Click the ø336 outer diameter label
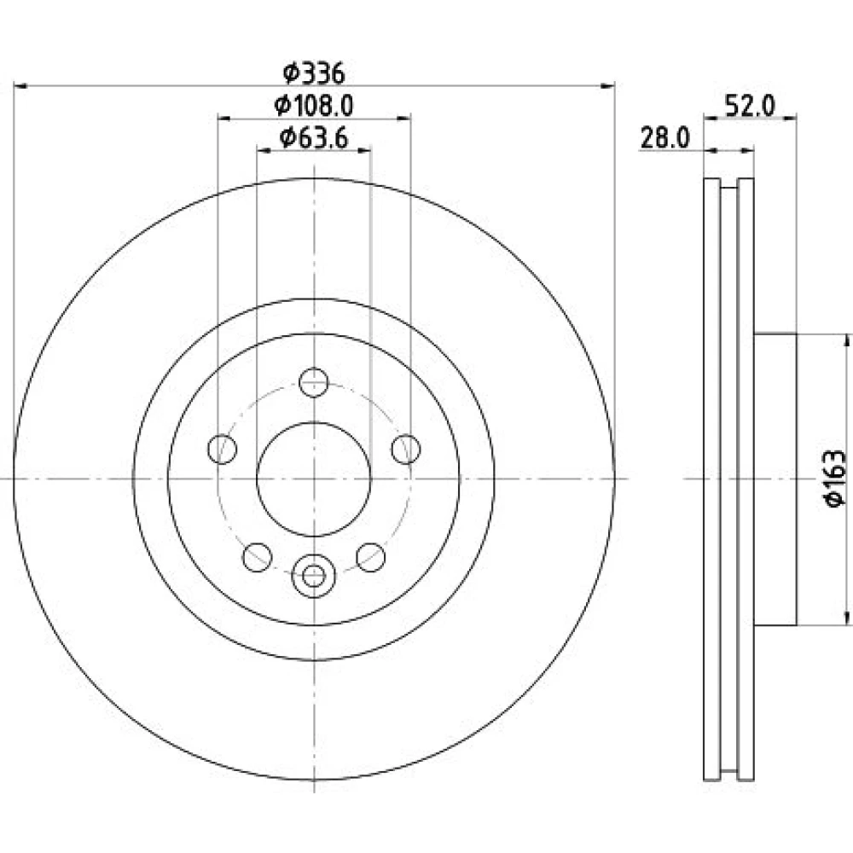314,73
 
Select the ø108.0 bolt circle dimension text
314,105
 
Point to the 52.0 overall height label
750,106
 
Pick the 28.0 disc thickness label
664,137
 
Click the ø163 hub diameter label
836,479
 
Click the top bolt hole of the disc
314,382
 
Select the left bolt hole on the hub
223,450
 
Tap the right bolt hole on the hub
406,450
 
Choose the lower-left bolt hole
258,557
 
